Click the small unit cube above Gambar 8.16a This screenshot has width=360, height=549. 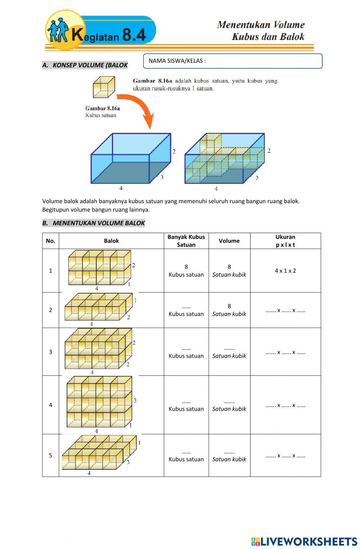104,87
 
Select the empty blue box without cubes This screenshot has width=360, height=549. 131,159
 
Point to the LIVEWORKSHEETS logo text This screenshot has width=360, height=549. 304,541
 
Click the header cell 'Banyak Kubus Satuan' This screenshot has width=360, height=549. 186,241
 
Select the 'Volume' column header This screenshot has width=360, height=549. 229,241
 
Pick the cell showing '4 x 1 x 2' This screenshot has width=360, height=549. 285,271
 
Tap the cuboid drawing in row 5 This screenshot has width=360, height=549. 99,453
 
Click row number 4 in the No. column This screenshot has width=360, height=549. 50,405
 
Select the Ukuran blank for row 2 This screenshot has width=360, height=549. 285,310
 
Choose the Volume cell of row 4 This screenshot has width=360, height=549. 229,405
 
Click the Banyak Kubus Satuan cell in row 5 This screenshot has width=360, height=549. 186,455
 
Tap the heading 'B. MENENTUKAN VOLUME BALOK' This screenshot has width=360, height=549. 94,223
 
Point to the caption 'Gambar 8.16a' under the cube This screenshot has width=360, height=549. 103,108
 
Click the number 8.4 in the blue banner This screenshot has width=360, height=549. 134,35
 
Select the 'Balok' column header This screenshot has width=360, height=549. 111,241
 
